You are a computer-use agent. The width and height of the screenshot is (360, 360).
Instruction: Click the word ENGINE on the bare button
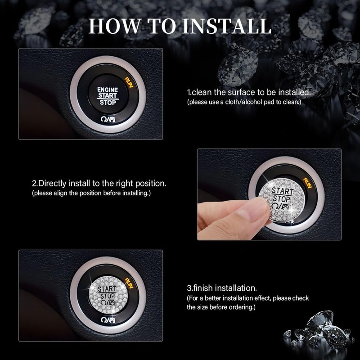[x=108, y=90]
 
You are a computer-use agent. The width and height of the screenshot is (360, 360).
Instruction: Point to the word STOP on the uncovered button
[x=108, y=103]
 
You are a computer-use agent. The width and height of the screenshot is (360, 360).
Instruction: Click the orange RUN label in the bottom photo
[x=129, y=283]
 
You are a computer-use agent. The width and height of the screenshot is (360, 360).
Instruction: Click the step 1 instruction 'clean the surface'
[x=249, y=92]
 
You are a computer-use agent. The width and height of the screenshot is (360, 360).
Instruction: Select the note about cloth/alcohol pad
[x=244, y=102]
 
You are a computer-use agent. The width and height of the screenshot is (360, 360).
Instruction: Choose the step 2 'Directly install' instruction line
[x=99, y=184]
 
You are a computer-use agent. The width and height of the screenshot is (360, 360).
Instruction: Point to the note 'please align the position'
[x=91, y=193]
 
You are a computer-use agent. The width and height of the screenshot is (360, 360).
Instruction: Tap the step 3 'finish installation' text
[x=222, y=288]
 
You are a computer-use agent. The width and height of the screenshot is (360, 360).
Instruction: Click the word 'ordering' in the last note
[x=243, y=307]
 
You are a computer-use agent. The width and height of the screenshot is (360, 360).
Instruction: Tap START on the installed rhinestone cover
[x=107, y=288]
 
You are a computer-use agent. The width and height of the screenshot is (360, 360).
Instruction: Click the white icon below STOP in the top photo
[x=108, y=118]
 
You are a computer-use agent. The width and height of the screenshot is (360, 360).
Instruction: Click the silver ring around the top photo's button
[x=74, y=97]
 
